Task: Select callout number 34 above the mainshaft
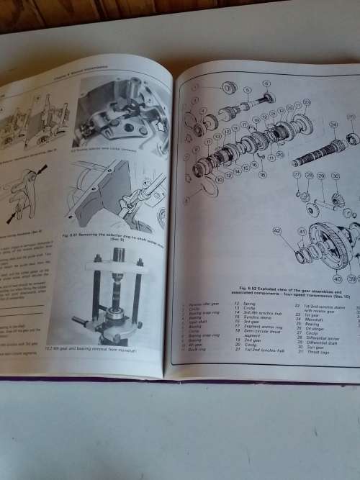pyautogui.click(x=333, y=124)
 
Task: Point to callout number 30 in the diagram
pyautogui.click(x=335, y=176)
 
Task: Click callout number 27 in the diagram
pyautogui.click(x=297, y=175)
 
